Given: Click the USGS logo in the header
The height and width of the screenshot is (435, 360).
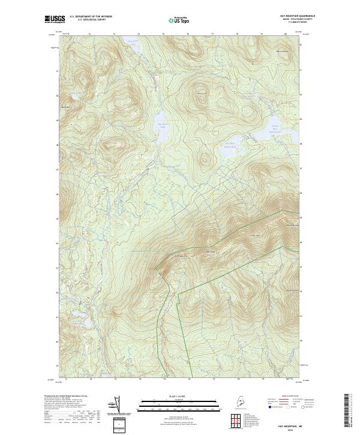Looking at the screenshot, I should click(x=55, y=19).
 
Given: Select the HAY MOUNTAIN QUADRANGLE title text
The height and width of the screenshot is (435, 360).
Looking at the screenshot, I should click(x=298, y=16).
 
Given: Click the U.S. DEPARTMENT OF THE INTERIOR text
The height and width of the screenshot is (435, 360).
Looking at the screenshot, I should click(x=91, y=17).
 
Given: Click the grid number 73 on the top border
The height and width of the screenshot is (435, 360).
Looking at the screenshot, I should click(x=114, y=35).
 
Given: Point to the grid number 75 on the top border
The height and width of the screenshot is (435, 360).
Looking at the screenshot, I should click(x=163, y=35).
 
